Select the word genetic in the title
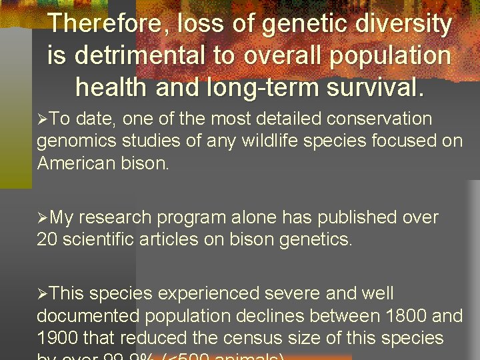(303, 25)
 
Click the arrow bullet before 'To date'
(42, 120)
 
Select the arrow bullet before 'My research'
(42, 219)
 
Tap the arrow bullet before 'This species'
(42, 295)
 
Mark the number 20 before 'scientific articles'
(47, 239)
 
